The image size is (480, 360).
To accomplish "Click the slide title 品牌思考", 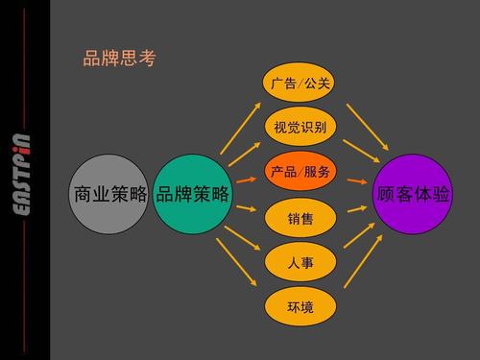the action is [119, 59].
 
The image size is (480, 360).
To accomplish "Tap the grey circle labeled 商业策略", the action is [108, 194].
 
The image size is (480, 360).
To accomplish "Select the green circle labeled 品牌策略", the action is [193, 194].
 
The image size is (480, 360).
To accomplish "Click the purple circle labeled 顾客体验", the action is [413, 194].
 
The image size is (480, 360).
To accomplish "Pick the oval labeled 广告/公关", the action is [300, 84].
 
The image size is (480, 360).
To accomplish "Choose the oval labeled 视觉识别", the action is [300, 127].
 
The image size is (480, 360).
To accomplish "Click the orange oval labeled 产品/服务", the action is [300, 172].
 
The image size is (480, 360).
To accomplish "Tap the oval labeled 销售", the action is [300, 220].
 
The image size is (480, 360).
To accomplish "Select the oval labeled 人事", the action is [300, 261].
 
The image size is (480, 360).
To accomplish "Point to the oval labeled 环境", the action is [300, 306].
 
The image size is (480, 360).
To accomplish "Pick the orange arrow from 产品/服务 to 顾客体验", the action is [356, 180].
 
